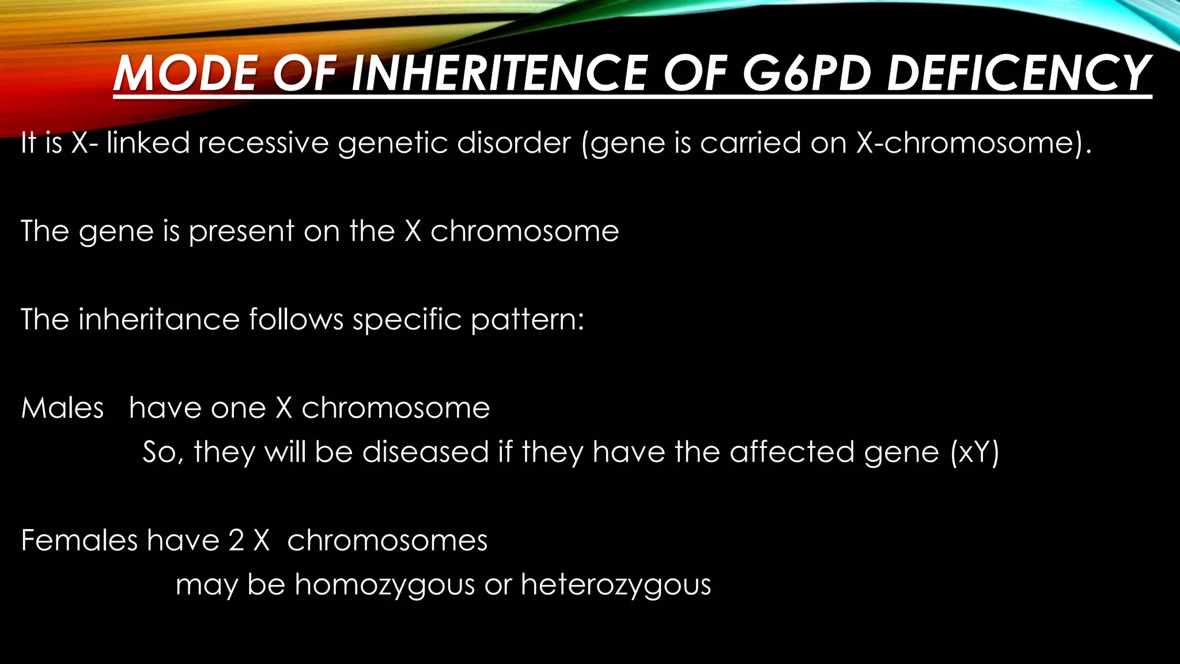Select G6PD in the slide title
click(x=806, y=73)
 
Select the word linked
click(x=148, y=142)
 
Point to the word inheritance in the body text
click(x=159, y=319)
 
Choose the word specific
click(x=407, y=320)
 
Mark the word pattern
click(x=527, y=320)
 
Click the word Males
click(x=62, y=408)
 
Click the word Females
click(x=80, y=541)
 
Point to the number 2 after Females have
click(x=236, y=541)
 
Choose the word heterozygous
click(x=616, y=586)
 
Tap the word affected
click(x=792, y=452)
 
